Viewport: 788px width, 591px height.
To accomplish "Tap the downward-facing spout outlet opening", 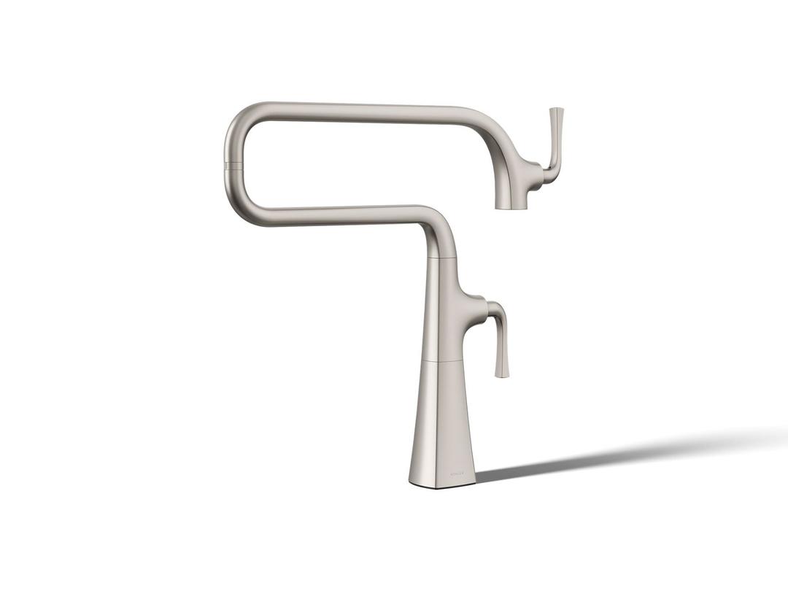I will click(x=511, y=207).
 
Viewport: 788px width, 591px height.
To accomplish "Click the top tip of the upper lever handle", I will click(x=557, y=110).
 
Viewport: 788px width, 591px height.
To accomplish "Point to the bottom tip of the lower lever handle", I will click(x=502, y=375).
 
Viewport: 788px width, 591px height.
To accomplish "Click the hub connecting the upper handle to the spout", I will click(x=544, y=175).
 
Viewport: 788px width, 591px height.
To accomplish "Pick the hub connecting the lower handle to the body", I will click(x=476, y=302).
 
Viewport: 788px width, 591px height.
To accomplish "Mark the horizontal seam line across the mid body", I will click(x=441, y=360).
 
